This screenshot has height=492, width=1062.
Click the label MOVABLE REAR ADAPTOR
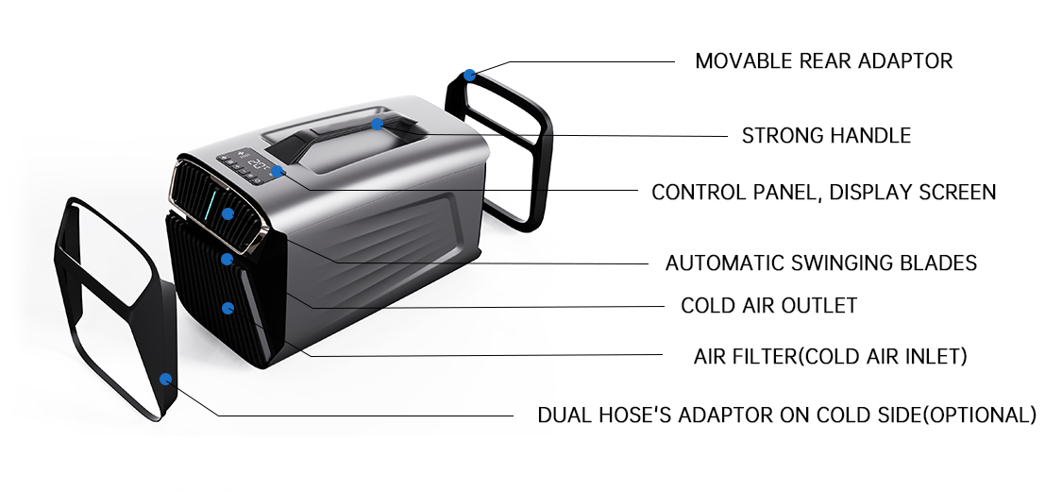click(823, 61)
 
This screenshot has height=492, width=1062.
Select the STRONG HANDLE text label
click(826, 135)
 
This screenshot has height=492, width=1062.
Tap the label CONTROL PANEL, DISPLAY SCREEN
click(823, 193)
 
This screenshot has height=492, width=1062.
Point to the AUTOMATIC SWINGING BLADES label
click(820, 263)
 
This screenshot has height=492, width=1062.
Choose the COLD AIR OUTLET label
click(768, 306)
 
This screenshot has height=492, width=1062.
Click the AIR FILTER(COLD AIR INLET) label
click(830, 357)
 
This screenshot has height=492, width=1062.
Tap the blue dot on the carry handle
click(377, 124)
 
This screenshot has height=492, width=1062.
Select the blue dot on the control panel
click(277, 172)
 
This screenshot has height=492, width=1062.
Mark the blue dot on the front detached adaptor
click(166, 380)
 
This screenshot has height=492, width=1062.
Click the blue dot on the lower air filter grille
click(228, 308)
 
